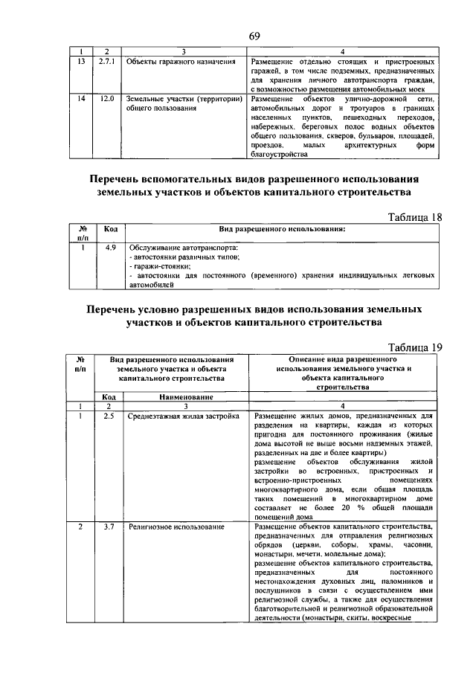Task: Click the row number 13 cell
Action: pos(80,62)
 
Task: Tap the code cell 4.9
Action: pos(110,247)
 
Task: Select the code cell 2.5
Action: pos(109,415)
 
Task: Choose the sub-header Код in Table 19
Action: pos(109,397)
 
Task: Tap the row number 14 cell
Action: pos(80,100)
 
